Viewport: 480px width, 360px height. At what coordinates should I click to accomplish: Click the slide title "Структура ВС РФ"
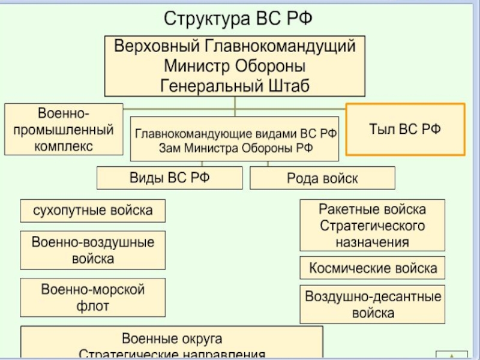point(238,18)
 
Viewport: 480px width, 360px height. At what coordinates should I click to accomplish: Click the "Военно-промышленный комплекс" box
point(64,129)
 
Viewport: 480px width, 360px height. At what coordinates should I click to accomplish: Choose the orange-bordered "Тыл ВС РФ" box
point(406,129)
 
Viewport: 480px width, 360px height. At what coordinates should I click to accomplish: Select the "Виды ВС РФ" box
point(170,178)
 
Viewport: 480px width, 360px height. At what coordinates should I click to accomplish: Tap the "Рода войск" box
point(322,178)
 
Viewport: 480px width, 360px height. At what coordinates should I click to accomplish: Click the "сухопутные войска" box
point(92,211)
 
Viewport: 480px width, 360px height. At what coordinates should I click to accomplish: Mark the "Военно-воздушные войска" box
point(92,250)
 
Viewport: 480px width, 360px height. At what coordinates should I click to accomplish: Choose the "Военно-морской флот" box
point(92,298)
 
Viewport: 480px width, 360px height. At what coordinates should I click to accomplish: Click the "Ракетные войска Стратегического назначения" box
point(372,226)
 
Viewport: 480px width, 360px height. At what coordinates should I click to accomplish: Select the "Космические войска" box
point(373,268)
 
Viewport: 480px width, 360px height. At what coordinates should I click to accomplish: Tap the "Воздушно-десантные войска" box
point(373,304)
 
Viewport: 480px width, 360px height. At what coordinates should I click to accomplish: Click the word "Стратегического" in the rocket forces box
point(372,226)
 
